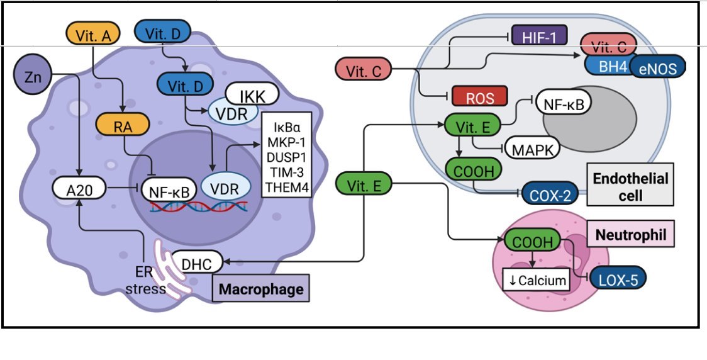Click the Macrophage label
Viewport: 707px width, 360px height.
pyautogui.click(x=261, y=290)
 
